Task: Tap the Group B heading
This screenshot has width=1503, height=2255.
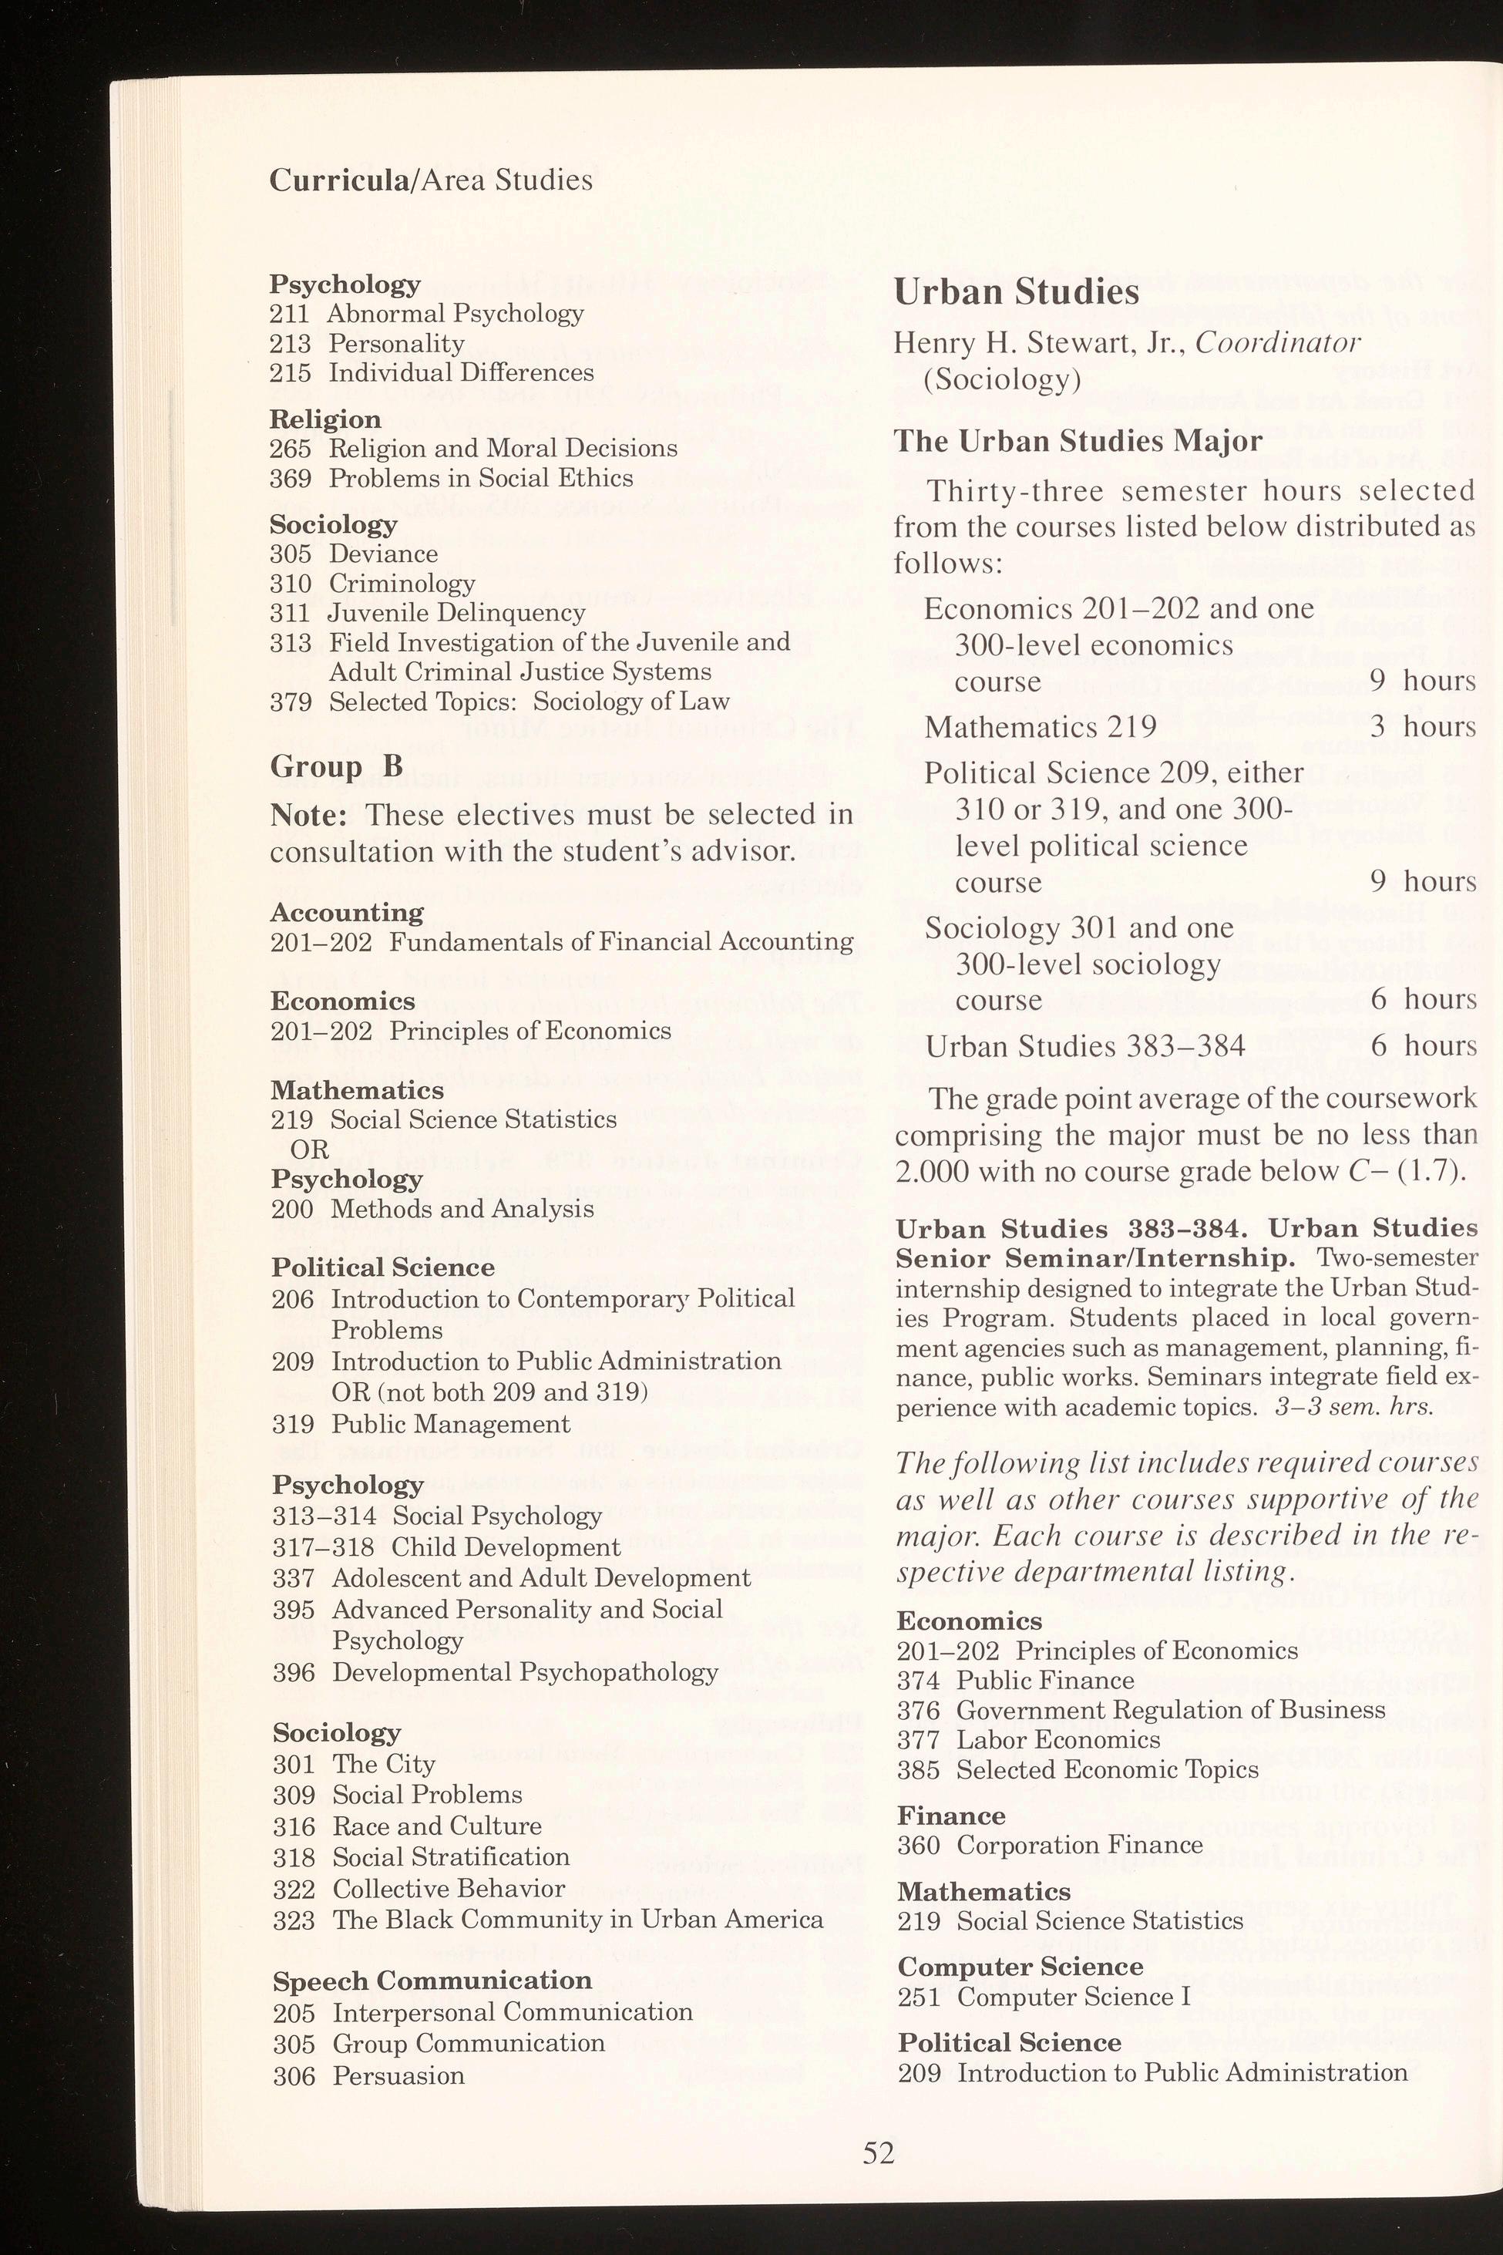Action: [x=335, y=766]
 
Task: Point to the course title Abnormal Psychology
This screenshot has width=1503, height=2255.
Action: [x=456, y=314]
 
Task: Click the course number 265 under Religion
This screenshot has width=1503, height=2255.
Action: [x=290, y=449]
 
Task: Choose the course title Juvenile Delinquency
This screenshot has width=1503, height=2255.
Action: [x=456, y=613]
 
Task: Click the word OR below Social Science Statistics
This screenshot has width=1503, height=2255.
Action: [x=310, y=1149]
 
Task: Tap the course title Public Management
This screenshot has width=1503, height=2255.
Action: [x=451, y=1424]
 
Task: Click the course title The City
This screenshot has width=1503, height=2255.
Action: [x=383, y=1764]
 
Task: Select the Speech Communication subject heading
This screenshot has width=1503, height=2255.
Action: [x=432, y=1981]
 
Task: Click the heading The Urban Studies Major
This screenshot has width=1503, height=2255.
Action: [x=1078, y=441]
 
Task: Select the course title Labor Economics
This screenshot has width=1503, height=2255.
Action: [x=1058, y=1739]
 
